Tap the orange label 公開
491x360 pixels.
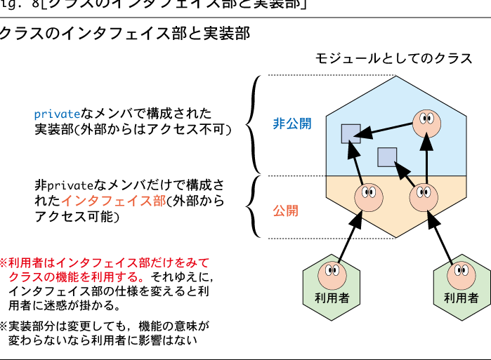coord(285,210)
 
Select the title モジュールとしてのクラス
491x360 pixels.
coord(393,58)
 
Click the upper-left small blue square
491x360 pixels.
coord(351,134)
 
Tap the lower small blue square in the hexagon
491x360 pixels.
coord(387,157)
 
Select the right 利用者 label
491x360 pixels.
coord(461,298)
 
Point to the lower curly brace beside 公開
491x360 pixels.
coord(251,207)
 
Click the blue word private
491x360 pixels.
coord(57,114)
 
